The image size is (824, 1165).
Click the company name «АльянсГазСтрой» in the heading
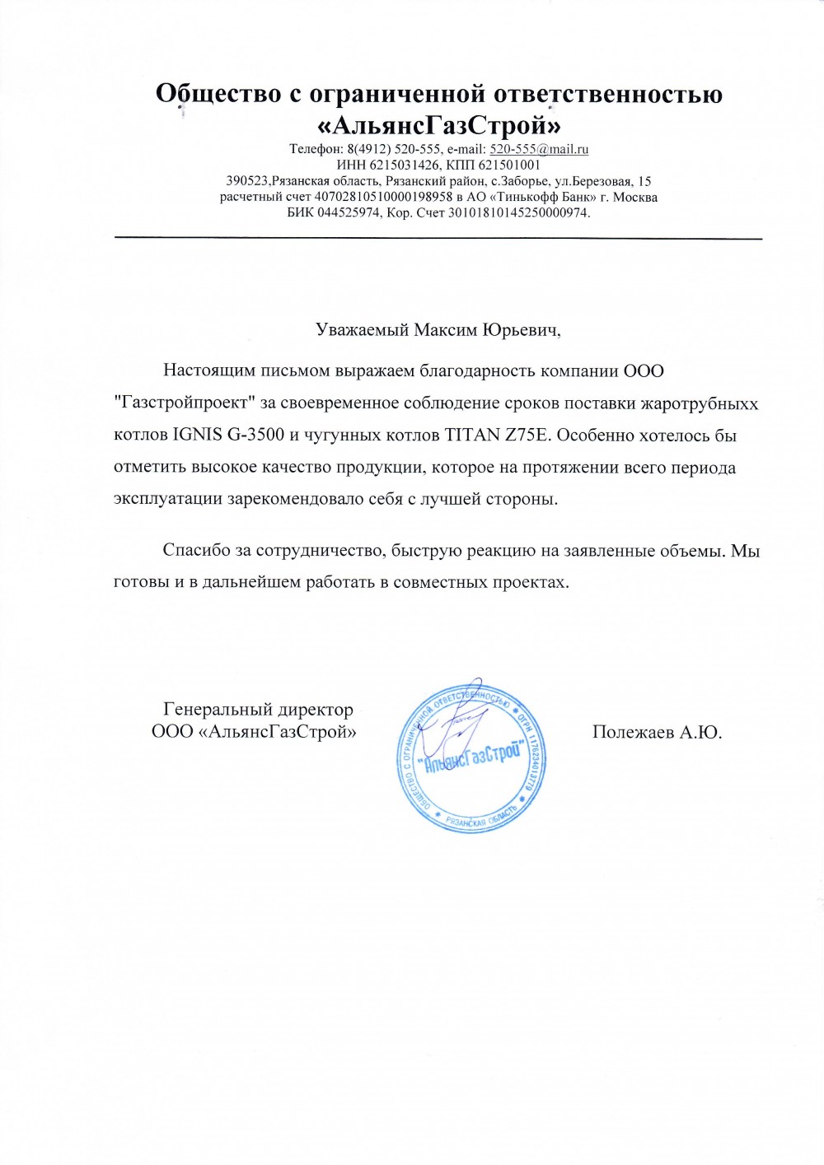pyautogui.click(x=439, y=125)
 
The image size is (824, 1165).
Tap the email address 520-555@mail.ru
pyautogui.click(x=539, y=150)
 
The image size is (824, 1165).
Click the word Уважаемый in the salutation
pyautogui.click(x=363, y=330)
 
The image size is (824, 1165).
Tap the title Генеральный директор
pyautogui.click(x=258, y=709)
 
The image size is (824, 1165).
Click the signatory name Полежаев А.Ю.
pyautogui.click(x=657, y=732)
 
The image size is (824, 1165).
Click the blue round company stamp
pyautogui.click(x=472, y=755)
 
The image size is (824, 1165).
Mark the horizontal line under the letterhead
pyautogui.click(x=438, y=238)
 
